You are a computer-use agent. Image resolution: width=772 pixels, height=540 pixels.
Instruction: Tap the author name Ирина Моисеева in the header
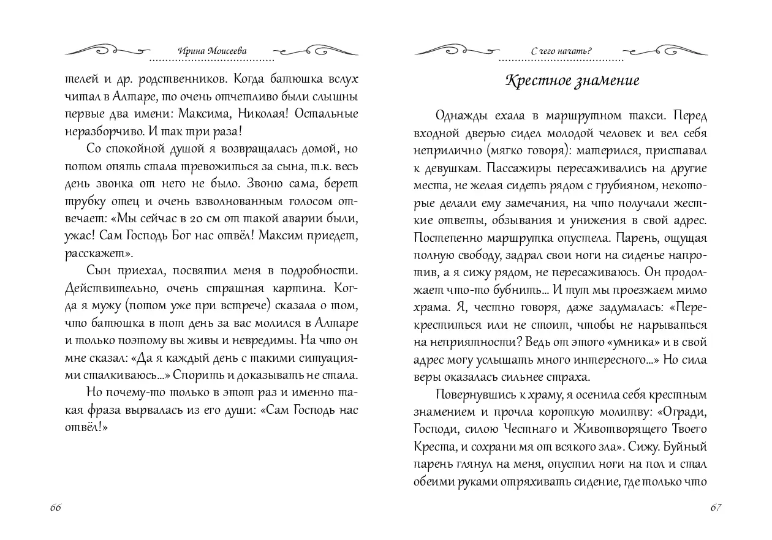pyautogui.click(x=211, y=51)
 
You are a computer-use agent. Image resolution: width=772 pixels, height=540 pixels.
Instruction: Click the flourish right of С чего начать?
pyautogui.click(x=667, y=50)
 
